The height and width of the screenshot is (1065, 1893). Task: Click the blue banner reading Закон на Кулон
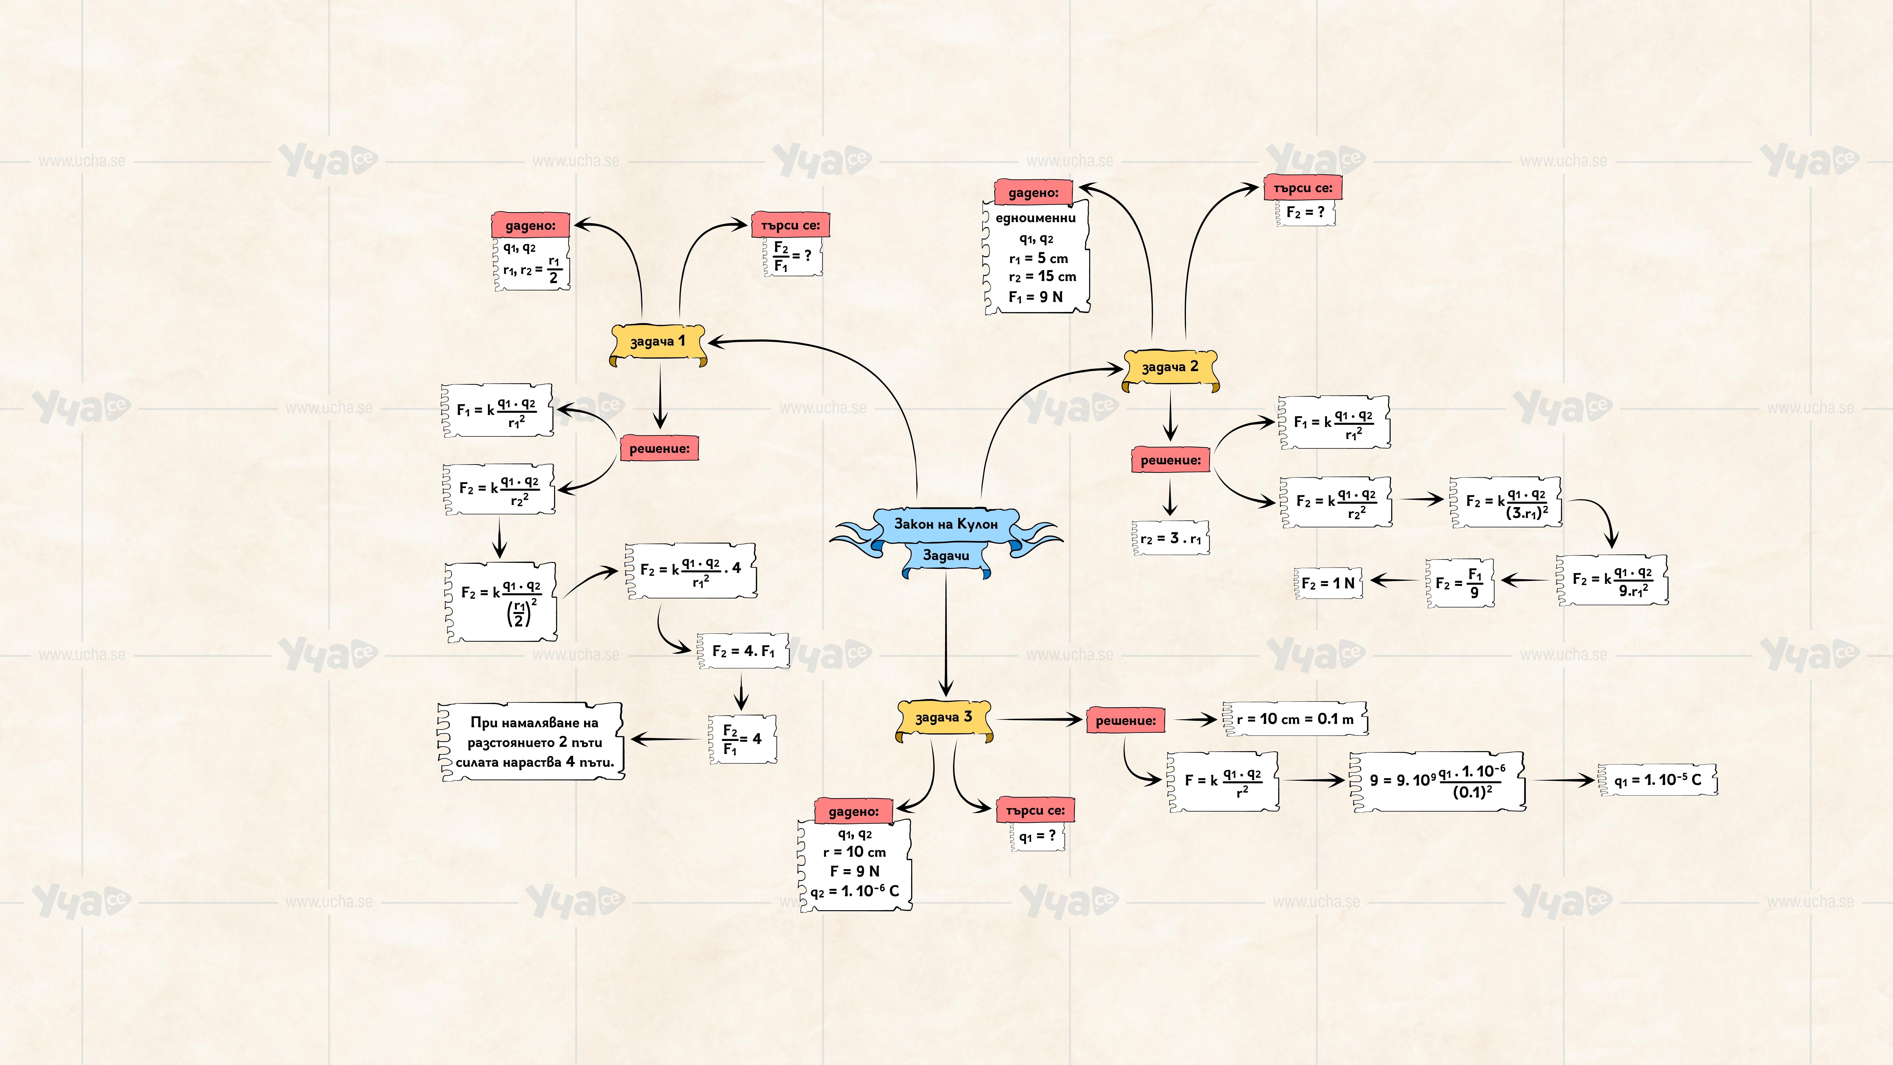(x=946, y=524)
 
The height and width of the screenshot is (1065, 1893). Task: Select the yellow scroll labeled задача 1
(x=658, y=342)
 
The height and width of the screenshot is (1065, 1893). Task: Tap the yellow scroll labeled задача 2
(x=1170, y=367)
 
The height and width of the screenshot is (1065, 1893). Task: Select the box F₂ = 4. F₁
(x=743, y=651)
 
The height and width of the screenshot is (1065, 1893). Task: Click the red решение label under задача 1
(x=659, y=448)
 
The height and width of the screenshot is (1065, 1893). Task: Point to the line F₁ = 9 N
(x=1035, y=297)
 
